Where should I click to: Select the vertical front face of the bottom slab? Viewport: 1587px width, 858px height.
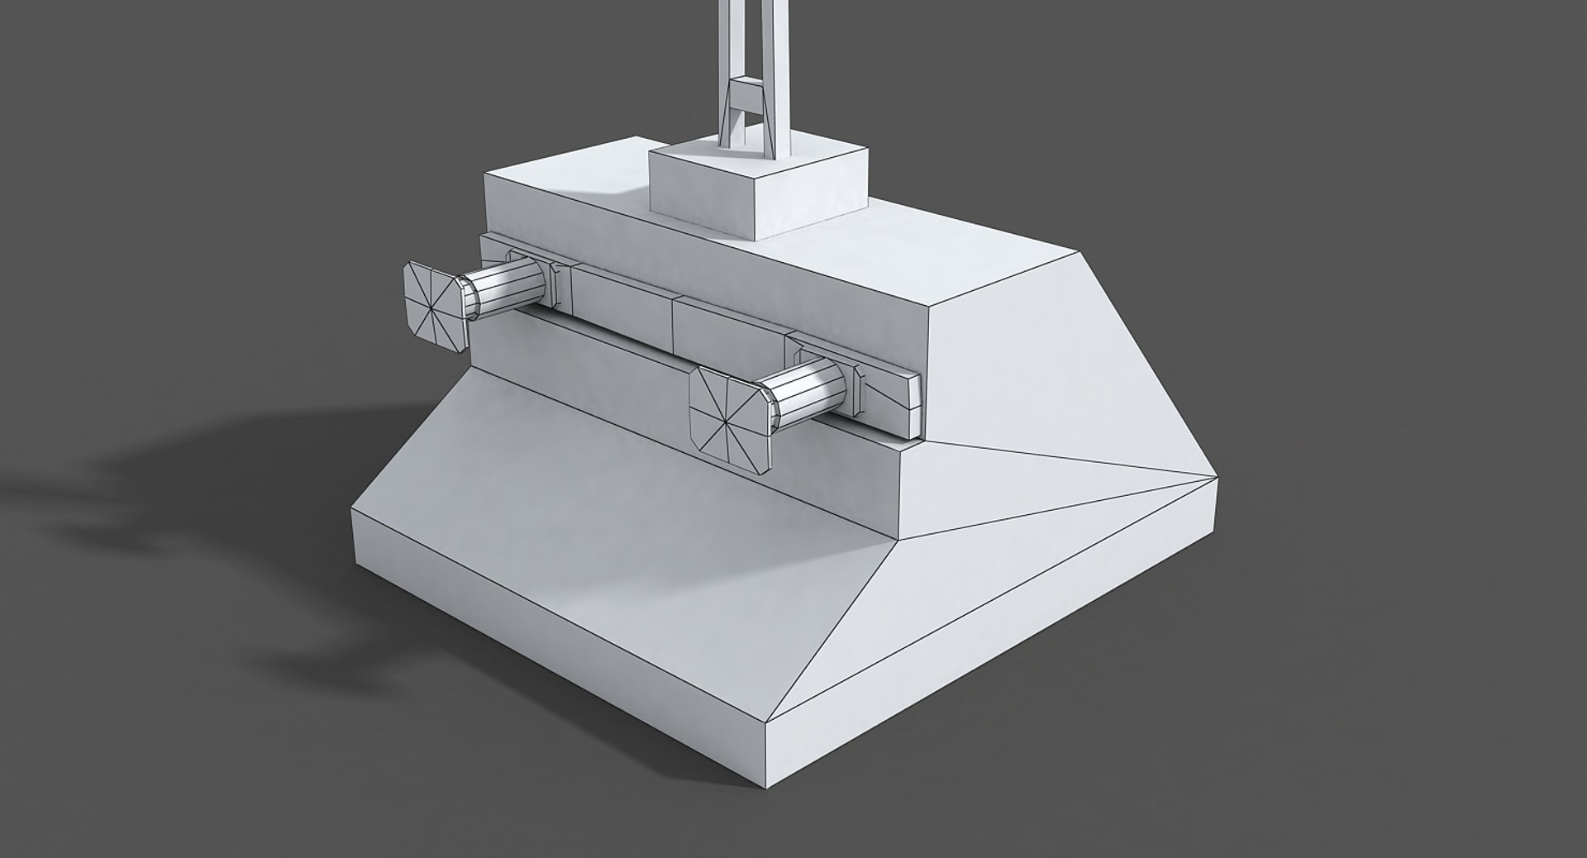tap(554, 628)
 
